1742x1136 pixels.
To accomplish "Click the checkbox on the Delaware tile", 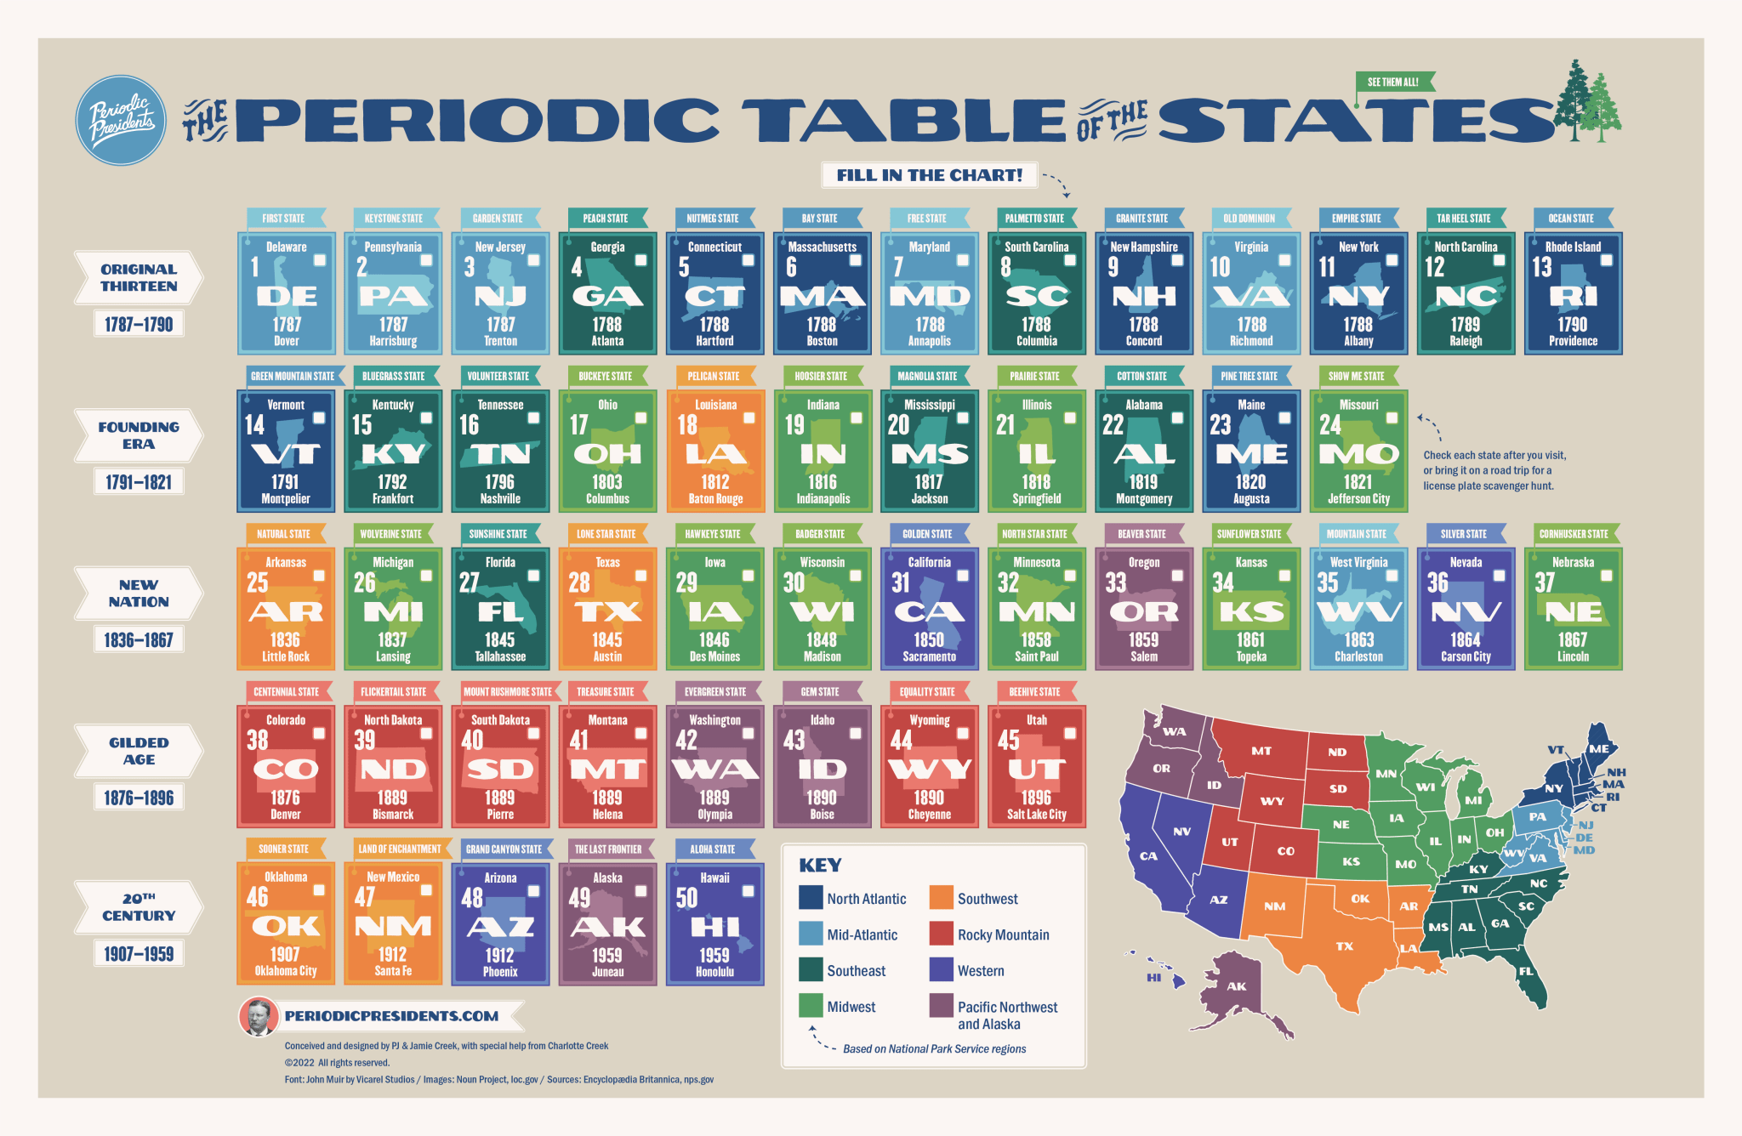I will (320, 260).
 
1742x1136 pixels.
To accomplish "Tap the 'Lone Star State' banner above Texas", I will (606, 534).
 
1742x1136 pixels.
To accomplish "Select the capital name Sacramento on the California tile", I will (929, 656).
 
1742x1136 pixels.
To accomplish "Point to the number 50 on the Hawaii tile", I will (686, 898).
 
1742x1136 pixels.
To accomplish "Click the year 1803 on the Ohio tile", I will (607, 482).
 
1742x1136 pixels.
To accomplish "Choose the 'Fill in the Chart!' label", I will (929, 175).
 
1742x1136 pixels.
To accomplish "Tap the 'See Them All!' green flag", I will (1393, 82).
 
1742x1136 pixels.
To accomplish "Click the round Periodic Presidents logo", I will (121, 121).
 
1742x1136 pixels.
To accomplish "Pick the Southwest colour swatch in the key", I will (941, 898).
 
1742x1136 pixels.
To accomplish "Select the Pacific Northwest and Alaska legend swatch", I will (941, 1006).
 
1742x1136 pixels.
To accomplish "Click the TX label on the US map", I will (1344, 946).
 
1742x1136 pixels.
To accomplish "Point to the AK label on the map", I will (1236, 986).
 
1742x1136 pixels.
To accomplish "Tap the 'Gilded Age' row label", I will (139, 751).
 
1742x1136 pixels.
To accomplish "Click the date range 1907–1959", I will (139, 954).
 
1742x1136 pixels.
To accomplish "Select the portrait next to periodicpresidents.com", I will (257, 1016).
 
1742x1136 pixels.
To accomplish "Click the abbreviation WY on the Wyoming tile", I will (929, 770).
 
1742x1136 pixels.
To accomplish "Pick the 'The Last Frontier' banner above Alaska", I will (607, 849).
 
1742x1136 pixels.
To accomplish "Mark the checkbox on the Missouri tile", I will (1392, 418).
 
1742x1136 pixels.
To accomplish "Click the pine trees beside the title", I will (1587, 102).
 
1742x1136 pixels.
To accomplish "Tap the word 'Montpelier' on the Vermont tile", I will (286, 499).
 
